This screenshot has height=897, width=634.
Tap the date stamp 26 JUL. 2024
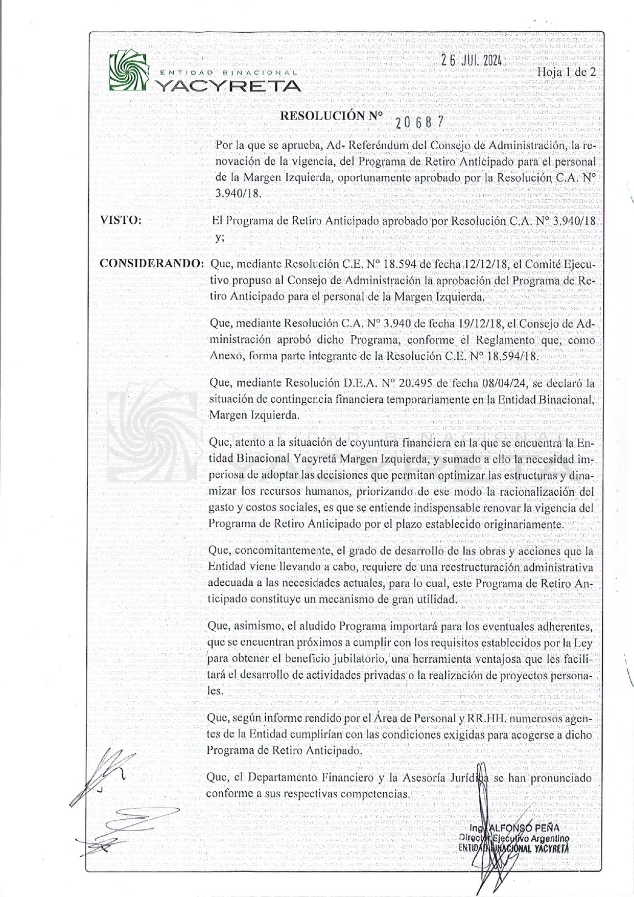pos(472,60)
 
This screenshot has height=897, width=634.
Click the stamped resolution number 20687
pos(419,122)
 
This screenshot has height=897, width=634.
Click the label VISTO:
pos(121,220)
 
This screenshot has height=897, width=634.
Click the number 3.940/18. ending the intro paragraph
pos(238,194)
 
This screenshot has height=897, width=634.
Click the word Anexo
pos(225,356)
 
